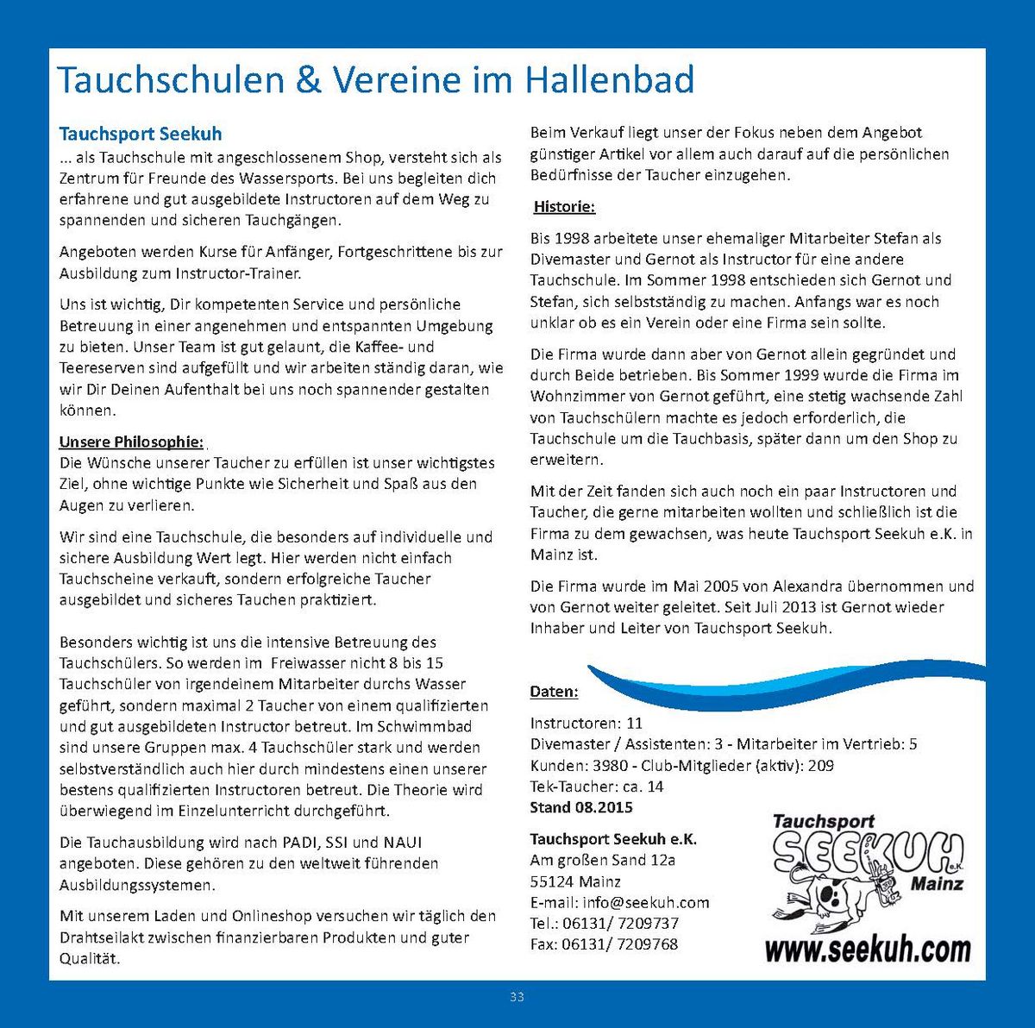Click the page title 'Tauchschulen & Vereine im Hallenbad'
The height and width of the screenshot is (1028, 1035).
click(375, 80)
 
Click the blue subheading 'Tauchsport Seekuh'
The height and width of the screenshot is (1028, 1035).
click(140, 134)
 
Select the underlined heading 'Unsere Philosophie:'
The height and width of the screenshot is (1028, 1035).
click(131, 442)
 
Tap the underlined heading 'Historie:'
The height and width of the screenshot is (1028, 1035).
click(564, 207)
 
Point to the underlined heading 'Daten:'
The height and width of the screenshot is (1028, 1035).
click(554, 692)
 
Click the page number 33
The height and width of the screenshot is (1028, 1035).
click(517, 997)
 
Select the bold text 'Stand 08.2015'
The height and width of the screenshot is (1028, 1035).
click(580, 807)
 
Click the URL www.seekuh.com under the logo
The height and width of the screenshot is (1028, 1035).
click(867, 950)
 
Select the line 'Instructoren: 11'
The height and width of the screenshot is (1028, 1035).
click(586, 723)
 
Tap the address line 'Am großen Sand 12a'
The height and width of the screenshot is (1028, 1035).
click(602, 860)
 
